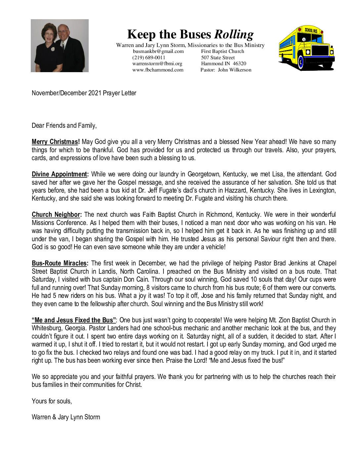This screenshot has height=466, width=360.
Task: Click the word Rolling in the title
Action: pyautogui.click(x=234, y=34)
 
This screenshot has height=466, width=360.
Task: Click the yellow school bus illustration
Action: pyautogui.click(x=306, y=48)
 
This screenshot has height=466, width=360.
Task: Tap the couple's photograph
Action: pyautogui.click(x=60, y=46)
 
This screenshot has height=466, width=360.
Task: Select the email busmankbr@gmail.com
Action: pyautogui.click(x=158, y=51)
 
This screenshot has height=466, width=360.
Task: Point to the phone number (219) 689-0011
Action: pyautogui.click(x=149, y=58)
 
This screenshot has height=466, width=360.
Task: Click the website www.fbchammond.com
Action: pyautogui.click(x=158, y=70)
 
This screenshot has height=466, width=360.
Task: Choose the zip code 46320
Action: pyautogui.click(x=239, y=64)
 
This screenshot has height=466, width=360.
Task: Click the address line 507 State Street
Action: pyautogui.click(x=218, y=58)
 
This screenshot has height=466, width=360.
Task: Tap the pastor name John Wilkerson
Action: pyautogui.click(x=235, y=70)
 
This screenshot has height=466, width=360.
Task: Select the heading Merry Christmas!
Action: pyautogui.click(x=56, y=142)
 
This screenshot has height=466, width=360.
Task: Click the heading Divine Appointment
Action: pyautogui.click(x=60, y=174)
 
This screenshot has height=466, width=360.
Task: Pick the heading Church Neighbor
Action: pyautogui.click(x=57, y=215)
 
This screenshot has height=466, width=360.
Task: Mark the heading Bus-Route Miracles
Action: pyautogui.click(x=60, y=263)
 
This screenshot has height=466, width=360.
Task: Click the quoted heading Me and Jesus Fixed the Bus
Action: pyautogui.click(x=74, y=320)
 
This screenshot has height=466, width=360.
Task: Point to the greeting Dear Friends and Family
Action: pyautogui.click(x=64, y=126)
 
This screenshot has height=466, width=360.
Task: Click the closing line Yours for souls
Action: pyautogui.click(x=52, y=401)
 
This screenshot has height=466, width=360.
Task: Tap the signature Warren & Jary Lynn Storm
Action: pyautogui.click(x=66, y=417)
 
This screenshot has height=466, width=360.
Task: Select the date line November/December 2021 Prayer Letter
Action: pyautogui.click(x=84, y=93)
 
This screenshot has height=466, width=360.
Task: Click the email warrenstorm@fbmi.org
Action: pyautogui.click(x=157, y=64)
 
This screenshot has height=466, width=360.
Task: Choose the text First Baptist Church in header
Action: pyautogui.click(x=222, y=51)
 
